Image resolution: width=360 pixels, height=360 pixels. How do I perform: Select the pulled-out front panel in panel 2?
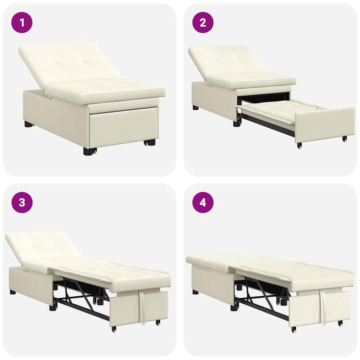(323, 125)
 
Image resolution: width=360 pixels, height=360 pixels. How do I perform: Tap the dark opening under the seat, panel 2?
(264, 98)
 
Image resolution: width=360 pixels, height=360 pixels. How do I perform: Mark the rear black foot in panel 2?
(195, 108)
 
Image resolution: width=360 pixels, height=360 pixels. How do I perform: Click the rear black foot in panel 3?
(13, 292)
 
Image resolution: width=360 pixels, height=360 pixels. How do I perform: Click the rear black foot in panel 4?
(195, 292)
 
